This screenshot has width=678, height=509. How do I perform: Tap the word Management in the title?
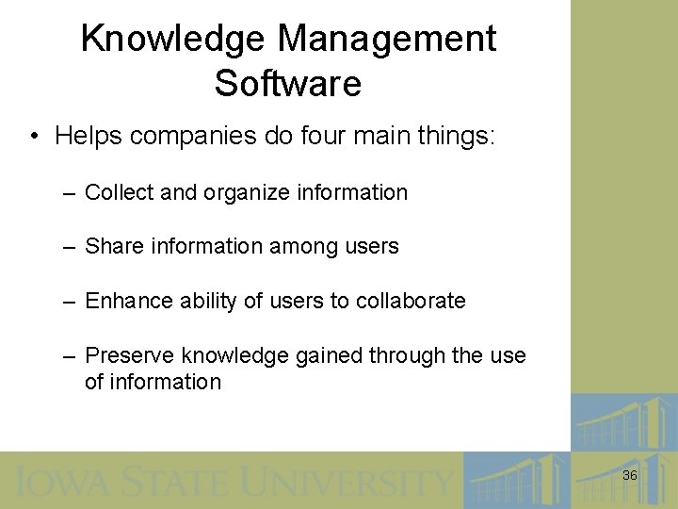pyautogui.click(x=387, y=40)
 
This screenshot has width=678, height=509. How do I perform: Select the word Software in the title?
pyautogui.click(x=288, y=84)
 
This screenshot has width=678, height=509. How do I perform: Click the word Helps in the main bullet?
pyautogui.click(x=88, y=137)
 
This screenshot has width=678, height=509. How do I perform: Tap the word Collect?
pyautogui.click(x=119, y=192)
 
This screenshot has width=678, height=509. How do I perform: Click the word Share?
pyautogui.click(x=113, y=247)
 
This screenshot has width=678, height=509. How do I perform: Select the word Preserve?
pyautogui.click(x=129, y=355)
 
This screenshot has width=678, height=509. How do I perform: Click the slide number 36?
pyautogui.click(x=630, y=476)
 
